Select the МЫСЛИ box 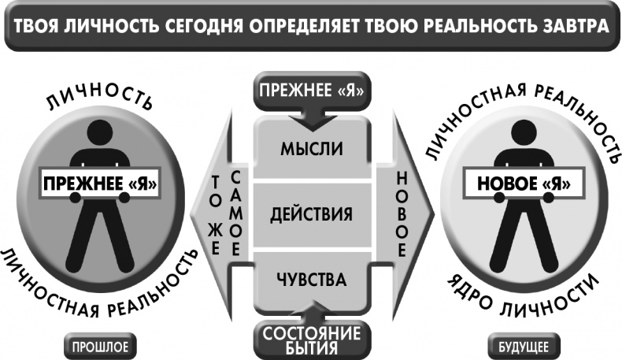point(312,149)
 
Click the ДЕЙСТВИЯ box point(312,215)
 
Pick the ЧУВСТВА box point(312,280)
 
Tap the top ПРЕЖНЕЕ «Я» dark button point(312,91)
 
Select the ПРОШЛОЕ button point(100,347)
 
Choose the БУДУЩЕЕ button point(524,347)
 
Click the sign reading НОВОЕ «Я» point(524,184)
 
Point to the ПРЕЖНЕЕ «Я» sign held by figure point(100,184)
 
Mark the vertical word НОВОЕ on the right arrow point(402,215)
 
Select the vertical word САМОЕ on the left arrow point(235,214)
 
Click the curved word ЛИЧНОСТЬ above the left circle point(99,95)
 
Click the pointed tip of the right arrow point(435,214)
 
